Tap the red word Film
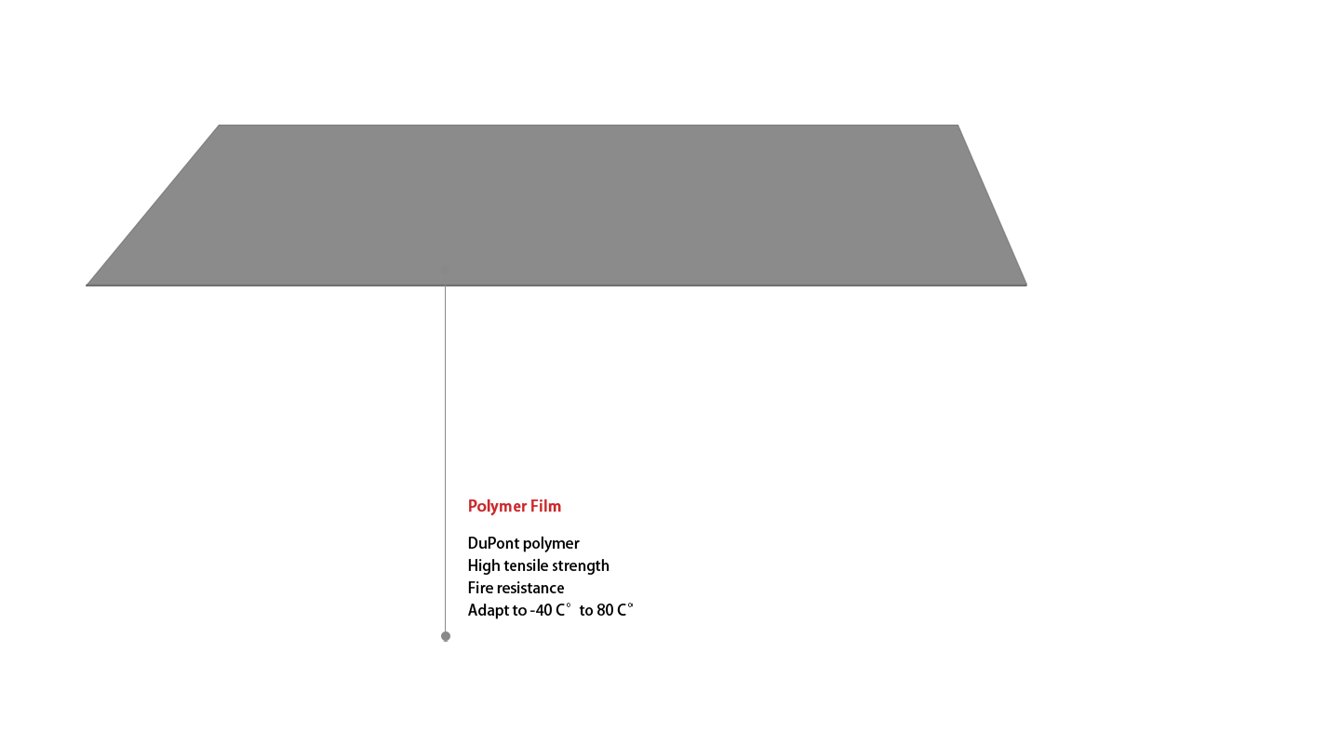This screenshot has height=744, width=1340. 546,506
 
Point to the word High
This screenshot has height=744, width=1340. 483,566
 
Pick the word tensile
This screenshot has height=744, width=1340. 526,565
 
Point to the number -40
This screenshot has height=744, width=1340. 541,611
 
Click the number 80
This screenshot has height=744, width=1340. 606,611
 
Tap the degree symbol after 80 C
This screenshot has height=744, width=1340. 631,605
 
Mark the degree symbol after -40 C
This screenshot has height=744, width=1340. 569,605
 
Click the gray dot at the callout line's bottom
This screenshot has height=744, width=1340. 446,636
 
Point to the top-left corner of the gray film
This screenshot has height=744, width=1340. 219,125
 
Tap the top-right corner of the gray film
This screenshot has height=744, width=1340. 958,125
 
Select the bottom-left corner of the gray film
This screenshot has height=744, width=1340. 87,286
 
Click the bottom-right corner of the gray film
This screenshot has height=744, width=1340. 1026,286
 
